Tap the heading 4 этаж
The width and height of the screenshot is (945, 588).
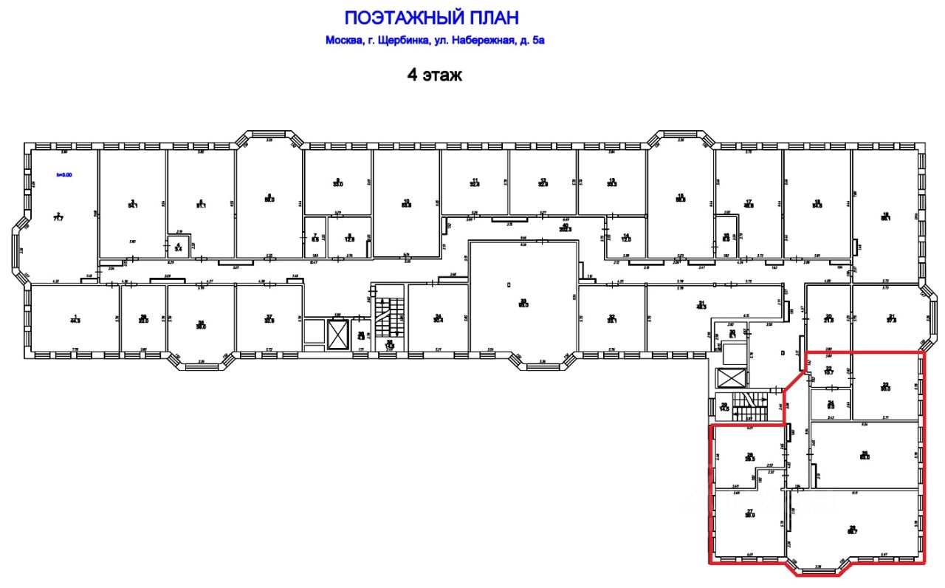pos(435,75)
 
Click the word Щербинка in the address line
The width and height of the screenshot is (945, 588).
pos(403,41)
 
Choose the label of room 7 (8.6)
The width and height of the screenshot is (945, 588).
pos(315,237)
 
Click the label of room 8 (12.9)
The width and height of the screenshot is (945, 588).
pos(351,237)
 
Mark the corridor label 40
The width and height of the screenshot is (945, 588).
pos(566,228)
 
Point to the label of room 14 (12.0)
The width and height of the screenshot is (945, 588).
pos(625,237)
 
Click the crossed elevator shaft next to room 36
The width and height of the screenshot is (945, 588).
pos(337,335)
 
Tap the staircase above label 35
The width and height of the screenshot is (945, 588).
pos(389,314)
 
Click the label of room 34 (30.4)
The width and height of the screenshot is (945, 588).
pos(438,318)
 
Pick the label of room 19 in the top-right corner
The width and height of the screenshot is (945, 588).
pos(885,217)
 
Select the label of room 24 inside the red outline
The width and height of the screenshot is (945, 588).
pos(830,404)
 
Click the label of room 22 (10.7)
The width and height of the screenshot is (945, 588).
pos(829,371)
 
